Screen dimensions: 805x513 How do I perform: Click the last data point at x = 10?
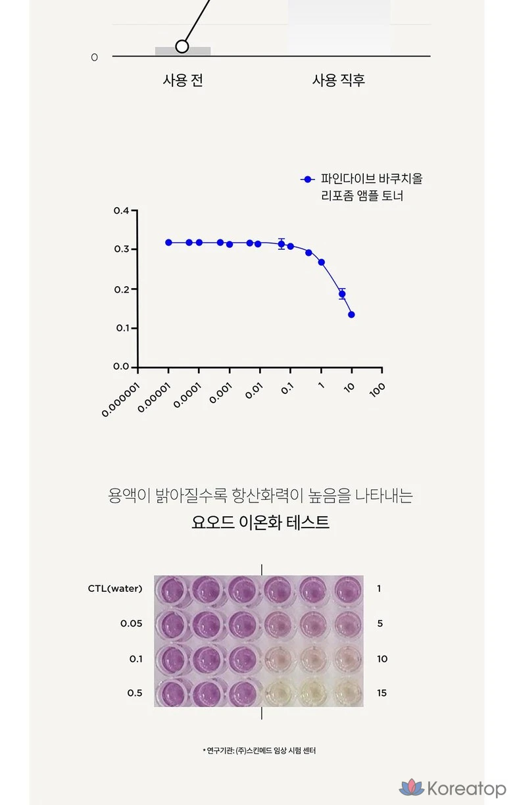point(351,314)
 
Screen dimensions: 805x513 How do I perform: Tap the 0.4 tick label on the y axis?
point(121,210)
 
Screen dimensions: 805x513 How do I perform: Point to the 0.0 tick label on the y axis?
point(121,367)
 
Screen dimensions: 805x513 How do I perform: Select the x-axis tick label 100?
point(377,389)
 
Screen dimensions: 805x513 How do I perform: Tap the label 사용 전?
point(183,80)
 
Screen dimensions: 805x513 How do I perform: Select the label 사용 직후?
point(339,80)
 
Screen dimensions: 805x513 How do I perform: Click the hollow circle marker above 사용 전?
point(182,47)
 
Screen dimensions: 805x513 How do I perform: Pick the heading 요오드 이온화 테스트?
point(260,523)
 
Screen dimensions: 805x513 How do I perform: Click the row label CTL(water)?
point(115,589)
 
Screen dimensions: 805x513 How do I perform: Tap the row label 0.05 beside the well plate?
point(132,623)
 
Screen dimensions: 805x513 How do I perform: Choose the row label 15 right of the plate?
point(382,693)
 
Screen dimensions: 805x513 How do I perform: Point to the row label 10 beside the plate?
point(382,658)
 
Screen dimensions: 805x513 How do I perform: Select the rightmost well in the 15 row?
point(347,693)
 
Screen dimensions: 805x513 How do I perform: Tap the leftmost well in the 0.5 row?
point(172,693)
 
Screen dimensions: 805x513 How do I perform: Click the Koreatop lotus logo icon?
point(412,787)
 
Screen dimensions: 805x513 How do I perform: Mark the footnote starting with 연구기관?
point(259,750)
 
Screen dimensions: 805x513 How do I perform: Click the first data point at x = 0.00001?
point(168,243)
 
